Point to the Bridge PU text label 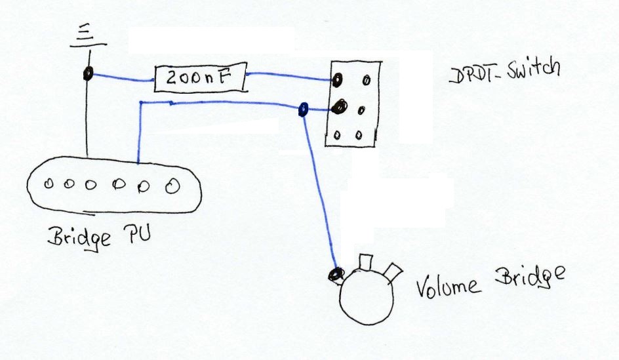[x=98, y=237]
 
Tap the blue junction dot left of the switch [x=302, y=109]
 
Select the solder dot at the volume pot [x=337, y=272]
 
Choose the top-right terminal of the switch [x=366, y=80]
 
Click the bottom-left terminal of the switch [x=337, y=135]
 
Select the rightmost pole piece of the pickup [x=172, y=186]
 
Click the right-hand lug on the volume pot [x=395, y=271]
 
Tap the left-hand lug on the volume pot [x=365, y=262]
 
